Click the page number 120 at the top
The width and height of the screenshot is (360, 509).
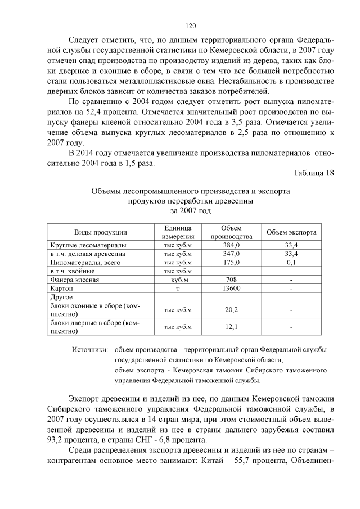point(191,25)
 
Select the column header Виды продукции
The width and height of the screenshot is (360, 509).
point(101,232)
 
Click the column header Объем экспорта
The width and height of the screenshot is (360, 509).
point(291,232)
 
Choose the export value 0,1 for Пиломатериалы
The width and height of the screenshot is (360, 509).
point(291,263)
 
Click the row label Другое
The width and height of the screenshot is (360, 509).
point(62,296)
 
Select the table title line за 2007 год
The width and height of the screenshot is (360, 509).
point(190,210)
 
